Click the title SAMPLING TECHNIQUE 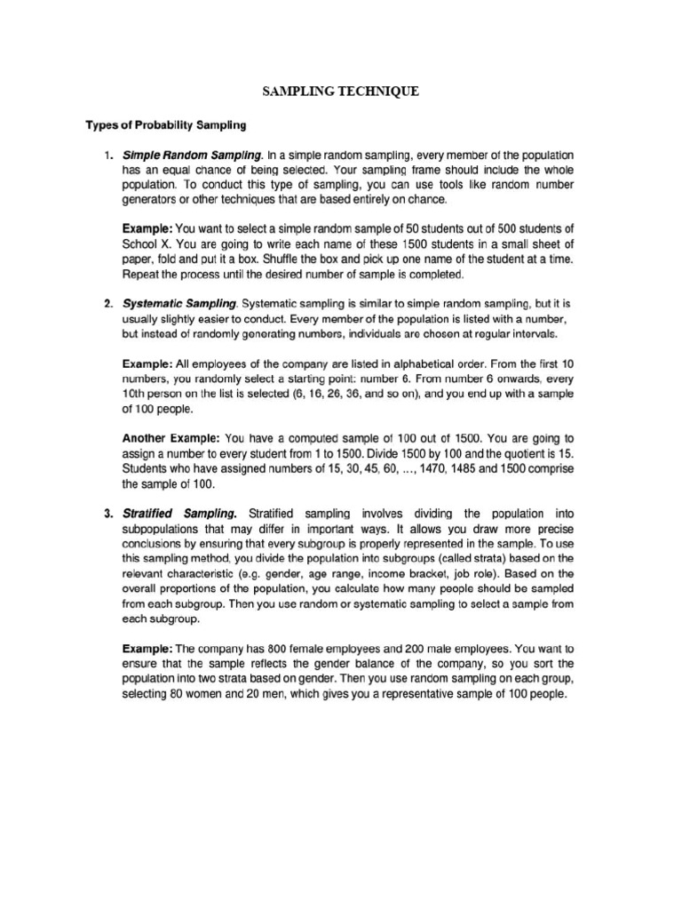coord(341,92)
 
